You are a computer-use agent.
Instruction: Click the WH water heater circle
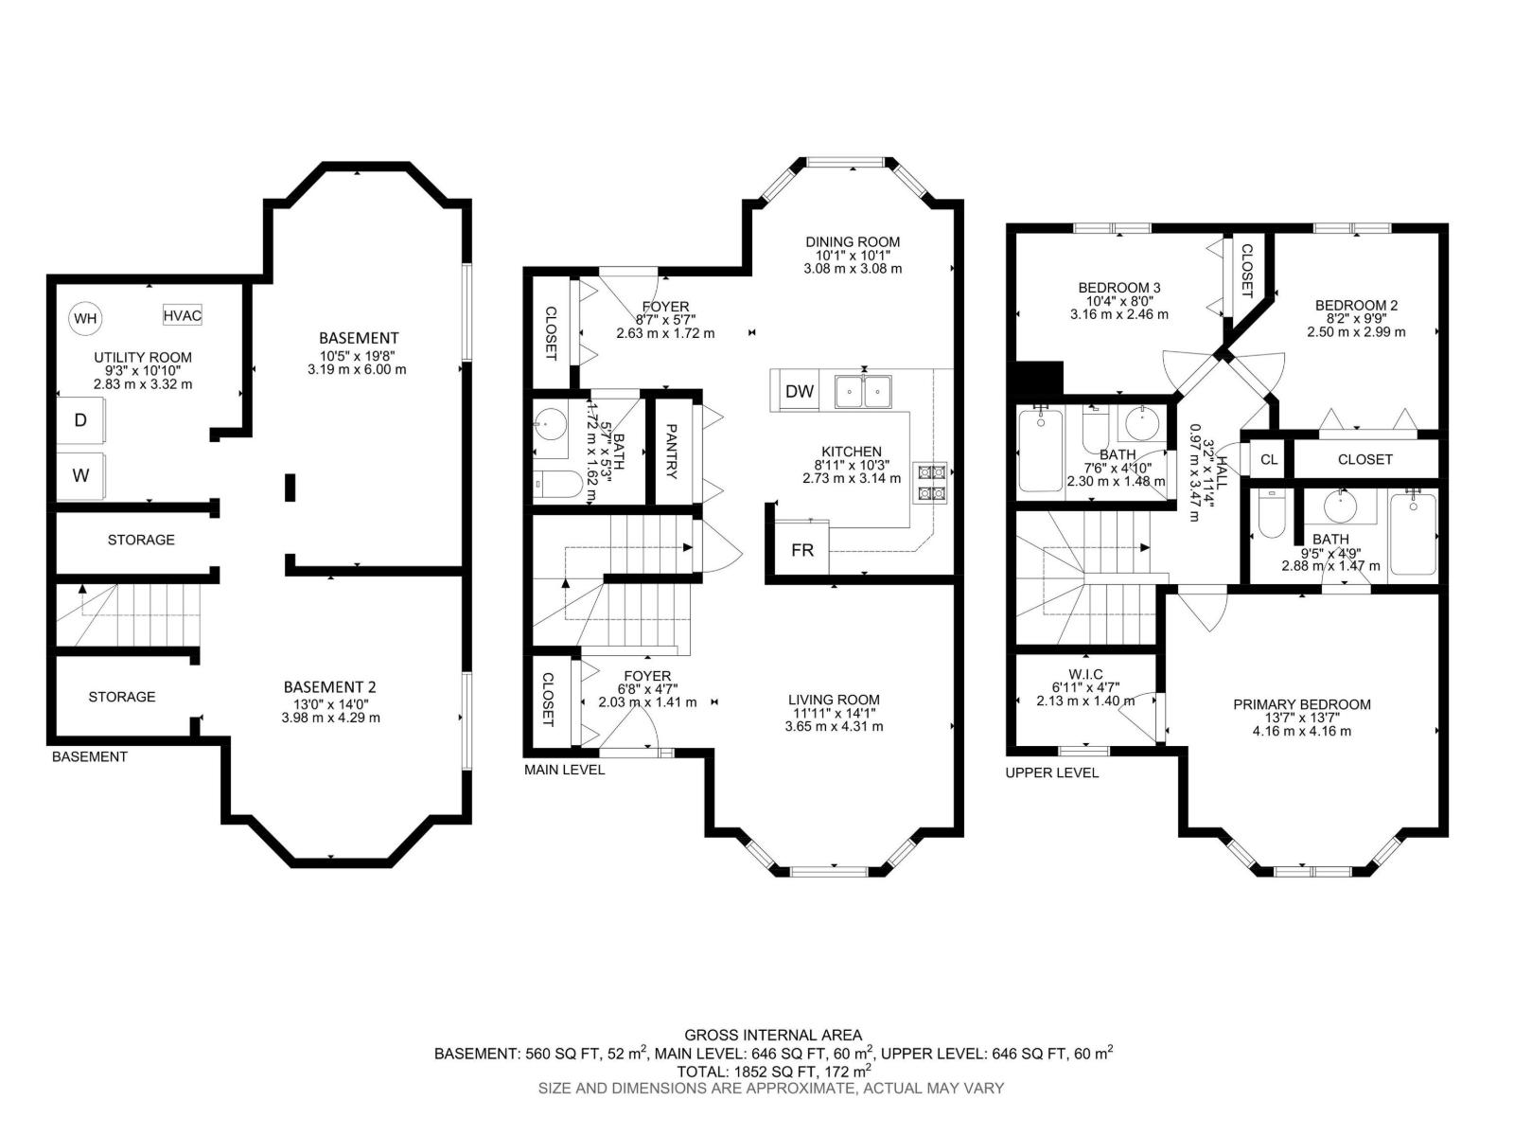click(85, 318)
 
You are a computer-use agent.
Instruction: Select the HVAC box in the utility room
click(182, 315)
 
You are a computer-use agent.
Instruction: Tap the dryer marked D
click(80, 419)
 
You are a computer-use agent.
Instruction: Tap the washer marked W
click(80, 475)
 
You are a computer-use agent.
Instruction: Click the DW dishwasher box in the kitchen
click(799, 391)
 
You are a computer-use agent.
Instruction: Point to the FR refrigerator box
click(801, 550)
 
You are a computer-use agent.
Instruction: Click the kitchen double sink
click(864, 391)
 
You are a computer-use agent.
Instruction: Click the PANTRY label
click(671, 451)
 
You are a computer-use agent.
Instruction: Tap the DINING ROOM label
click(853, 241)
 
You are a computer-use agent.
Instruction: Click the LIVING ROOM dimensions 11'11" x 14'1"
click(834, 713)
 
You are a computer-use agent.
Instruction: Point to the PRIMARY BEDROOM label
click(1301, 704)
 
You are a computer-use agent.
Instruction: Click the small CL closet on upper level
click(1268, 459)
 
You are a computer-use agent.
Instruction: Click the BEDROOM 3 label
click(1119, 287)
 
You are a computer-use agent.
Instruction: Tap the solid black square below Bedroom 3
click(1039, 380)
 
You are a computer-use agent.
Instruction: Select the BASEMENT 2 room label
click(330, 687)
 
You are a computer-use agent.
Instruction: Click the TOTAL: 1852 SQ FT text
click(773, 1072)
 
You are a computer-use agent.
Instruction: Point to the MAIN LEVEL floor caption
click(564, 770)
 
